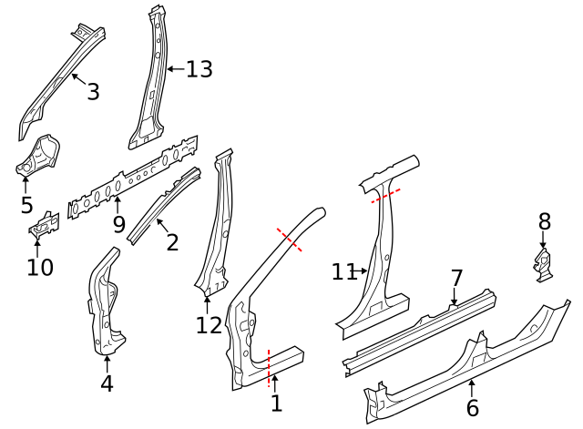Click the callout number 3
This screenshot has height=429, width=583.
point(93,91)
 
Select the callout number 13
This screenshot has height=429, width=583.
point(199,69)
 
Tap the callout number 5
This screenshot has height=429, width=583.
point(26,206)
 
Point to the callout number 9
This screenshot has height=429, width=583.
point(118,223)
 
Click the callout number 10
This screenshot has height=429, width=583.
point(40,267)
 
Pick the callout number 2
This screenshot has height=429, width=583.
point(172,242)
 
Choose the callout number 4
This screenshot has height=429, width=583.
point(107,383)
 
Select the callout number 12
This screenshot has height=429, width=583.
point(209,325)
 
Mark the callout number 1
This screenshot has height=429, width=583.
point(276,402)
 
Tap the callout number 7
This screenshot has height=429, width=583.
point(456,278)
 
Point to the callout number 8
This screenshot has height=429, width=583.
point(545,221)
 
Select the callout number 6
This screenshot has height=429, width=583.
point(472,408)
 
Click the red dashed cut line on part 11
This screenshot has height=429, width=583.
point(385,196)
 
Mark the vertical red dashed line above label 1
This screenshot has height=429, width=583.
point(269,361)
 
